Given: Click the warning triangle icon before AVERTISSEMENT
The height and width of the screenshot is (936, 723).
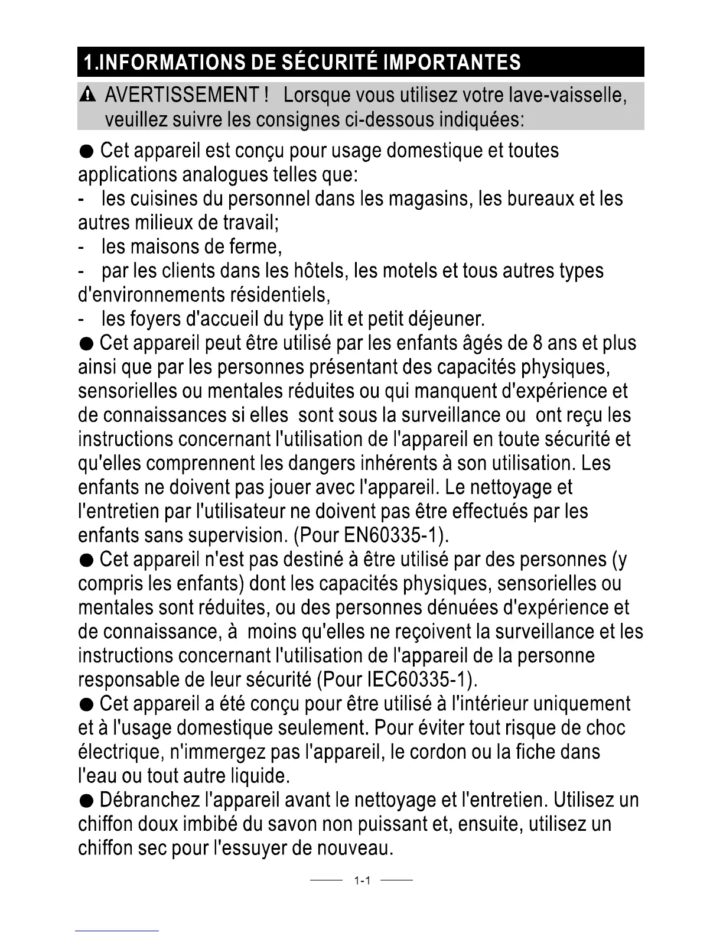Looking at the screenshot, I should tap(88, 95).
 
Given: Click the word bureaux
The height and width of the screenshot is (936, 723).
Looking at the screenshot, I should tap(540, 199).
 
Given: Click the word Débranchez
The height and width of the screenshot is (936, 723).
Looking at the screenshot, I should tap(149, 801).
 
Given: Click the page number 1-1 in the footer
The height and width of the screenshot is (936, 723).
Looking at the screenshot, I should tap(361, 881).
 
